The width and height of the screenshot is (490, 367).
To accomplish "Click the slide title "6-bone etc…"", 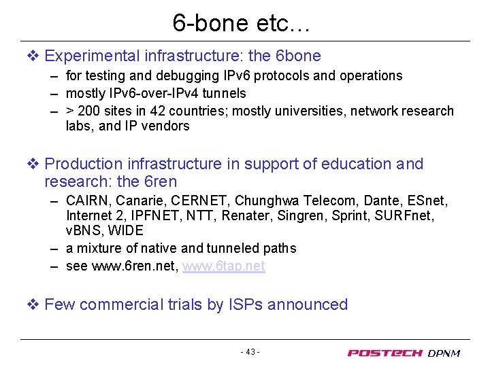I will pyautogui.click(x=242, y=23).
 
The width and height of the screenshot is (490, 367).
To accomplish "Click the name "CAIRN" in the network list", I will pyautogui.click(x=88, y=200).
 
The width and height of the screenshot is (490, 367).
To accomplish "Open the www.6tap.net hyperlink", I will pyautogui.click(x=223, y=266).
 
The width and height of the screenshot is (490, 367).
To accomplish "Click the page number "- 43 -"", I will pyautogui.click(x=250, y=352).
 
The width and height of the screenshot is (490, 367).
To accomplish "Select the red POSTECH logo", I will pyautogui.click(x=385, y=353).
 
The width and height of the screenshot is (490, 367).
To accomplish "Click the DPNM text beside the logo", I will pyautogui.click(x=444, y=353).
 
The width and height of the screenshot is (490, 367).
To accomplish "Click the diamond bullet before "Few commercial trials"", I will pyautogui.click(x=34, y=304).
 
